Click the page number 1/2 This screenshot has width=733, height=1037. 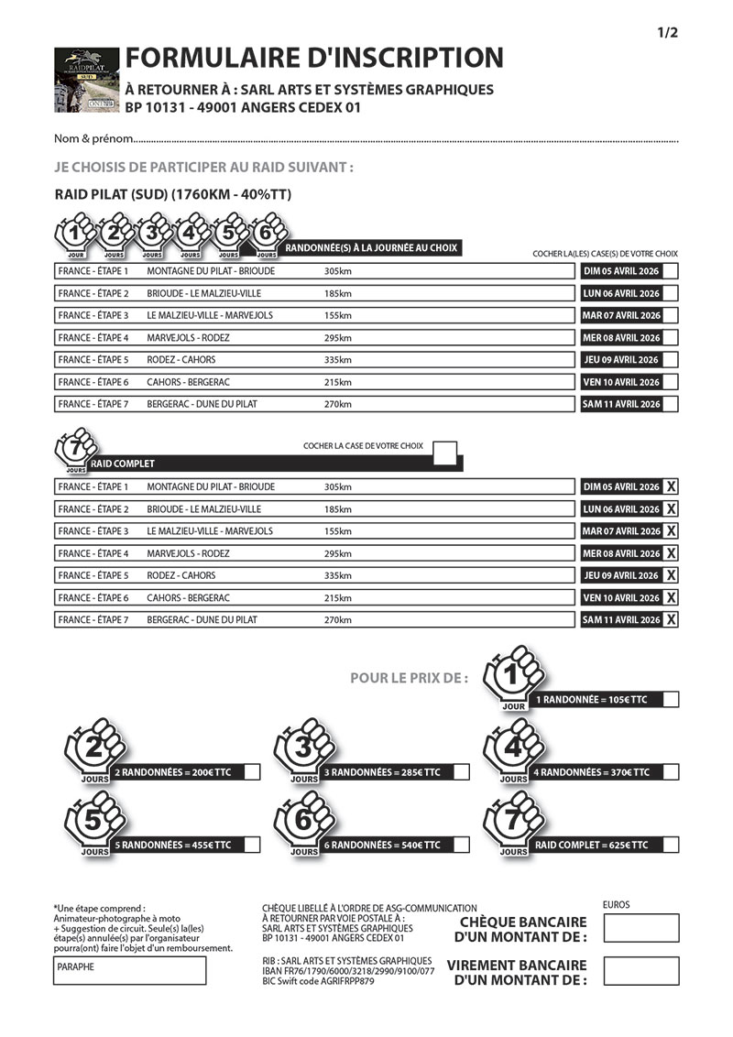pos(666,34)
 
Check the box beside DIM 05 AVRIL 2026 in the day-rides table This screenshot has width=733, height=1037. pos(671,271)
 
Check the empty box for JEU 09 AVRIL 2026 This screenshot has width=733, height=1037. pos(671,360)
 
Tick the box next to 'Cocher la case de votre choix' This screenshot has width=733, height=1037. pos(444,451)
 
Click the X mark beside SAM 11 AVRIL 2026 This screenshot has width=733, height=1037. pos(672,620)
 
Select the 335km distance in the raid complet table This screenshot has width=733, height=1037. pos(338,575)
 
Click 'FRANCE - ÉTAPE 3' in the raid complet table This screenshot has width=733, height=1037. pos(93,531)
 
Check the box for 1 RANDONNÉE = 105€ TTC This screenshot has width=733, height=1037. pos(671,700)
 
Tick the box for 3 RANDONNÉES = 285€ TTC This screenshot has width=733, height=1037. pos(461,772)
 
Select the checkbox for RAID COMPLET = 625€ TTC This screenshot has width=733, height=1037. pos(671,845)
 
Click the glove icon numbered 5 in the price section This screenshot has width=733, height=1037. pos(93,822)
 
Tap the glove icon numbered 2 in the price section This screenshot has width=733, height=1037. pos(93,749)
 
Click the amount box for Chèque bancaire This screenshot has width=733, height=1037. pos(641,928)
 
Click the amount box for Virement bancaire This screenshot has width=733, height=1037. pos(641,972)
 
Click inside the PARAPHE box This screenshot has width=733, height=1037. pos(128,971)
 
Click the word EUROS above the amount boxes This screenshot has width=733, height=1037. pos(617,905)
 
